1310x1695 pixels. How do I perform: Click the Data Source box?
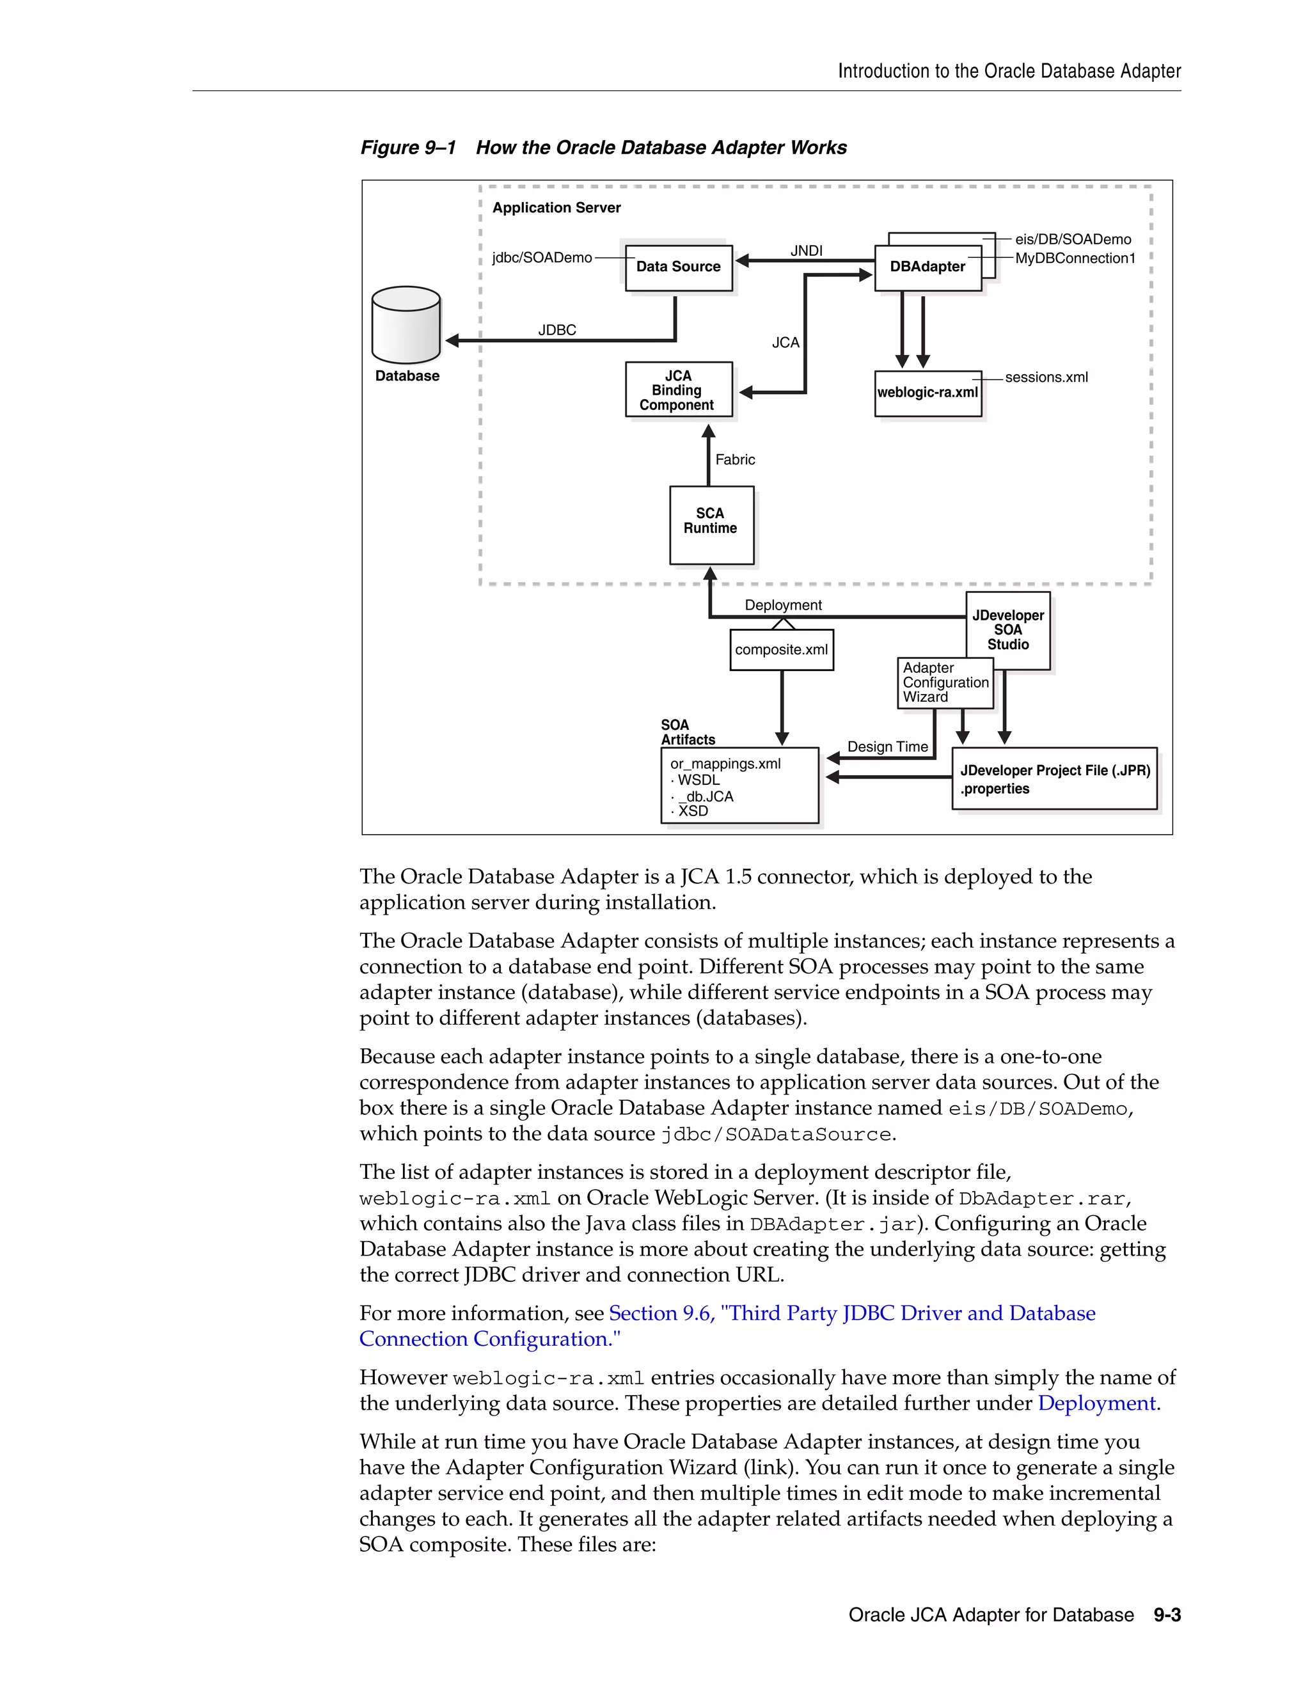[678, 268]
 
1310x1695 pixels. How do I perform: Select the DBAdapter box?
[927, 268]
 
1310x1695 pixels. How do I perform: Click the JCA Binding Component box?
[678, 390]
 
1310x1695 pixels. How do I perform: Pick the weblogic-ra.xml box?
[927, 393]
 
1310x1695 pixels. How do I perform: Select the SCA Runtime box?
[711, 524]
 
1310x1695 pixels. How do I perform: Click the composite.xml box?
[782, 650]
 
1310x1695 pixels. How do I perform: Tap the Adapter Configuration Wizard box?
[945, 682]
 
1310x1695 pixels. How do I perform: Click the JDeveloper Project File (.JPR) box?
[1054, 779]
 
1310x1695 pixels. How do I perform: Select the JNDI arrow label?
[807, 251]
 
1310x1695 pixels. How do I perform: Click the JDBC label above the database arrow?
[557, 330]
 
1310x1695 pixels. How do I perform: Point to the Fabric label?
[735, 459]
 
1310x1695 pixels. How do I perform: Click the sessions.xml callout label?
[1045, 377]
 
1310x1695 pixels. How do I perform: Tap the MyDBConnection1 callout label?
[1074, 258]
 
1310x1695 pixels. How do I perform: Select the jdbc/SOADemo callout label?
[542, 258]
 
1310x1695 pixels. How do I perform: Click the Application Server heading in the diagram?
[556, 207]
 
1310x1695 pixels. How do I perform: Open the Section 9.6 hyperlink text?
[851, 1313]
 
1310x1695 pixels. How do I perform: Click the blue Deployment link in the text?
[1096, 1403]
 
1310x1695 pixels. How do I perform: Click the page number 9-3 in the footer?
[1167, 1615]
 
